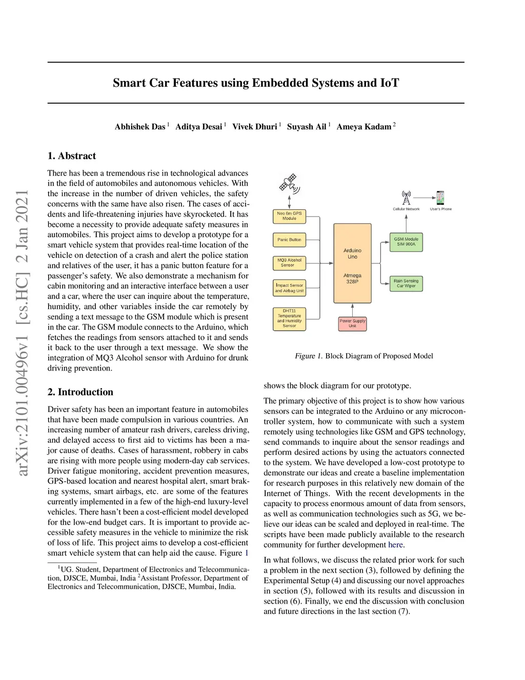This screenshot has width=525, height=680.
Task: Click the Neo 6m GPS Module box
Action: click(x=289, y=216)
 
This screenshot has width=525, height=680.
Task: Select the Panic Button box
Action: click(x=289, y=240)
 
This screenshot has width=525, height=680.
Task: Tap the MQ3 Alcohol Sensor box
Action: click(x=289, y=263)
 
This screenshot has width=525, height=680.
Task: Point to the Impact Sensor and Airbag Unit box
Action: click(x=289, y=288)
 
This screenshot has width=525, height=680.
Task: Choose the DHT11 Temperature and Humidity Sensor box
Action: click(x=289, y=318)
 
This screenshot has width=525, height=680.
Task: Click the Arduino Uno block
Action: click(x=352, y=263)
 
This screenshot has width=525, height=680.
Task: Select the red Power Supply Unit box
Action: click(x=352, y=323)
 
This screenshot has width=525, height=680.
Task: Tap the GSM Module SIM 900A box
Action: click(x=406, y=242)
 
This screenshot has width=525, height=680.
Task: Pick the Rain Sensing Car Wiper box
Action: click(x=406, y=283)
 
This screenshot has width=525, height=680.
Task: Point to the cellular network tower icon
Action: click(x=406, y=198)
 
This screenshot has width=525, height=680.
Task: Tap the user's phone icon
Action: click(x=440, y=198)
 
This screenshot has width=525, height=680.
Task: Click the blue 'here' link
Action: click(x=395, y=545)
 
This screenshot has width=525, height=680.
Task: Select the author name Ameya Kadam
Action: click(x=364, y=127)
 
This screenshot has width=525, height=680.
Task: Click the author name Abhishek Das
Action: click(x=140, y=127)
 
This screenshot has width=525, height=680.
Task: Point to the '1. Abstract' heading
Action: click(x=72, y=156)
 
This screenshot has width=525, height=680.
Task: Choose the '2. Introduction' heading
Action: click(x=80, y=392)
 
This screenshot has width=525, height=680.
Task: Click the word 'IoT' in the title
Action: click(x=389, y=83)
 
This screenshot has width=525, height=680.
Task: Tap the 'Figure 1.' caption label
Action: click(x=308, y=356)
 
